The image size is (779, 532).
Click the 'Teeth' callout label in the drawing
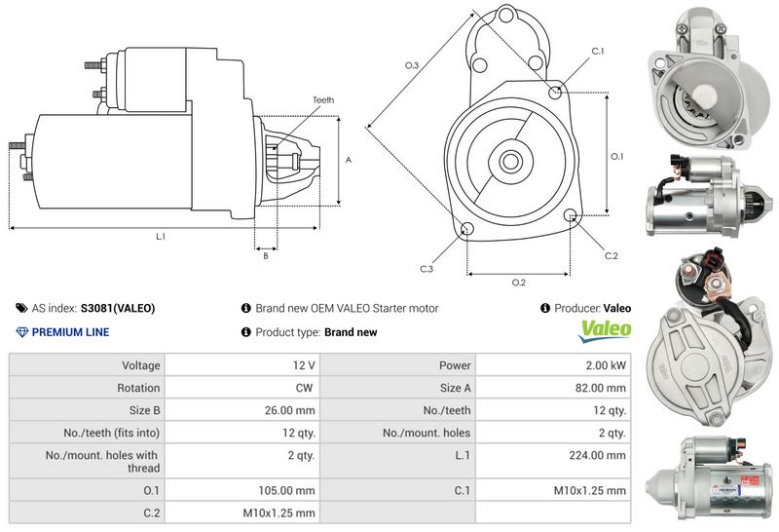coord(323,100)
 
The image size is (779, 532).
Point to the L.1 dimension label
coord(161,237)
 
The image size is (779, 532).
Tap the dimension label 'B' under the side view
coord(266,256)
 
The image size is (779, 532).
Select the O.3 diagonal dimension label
coord(412,65)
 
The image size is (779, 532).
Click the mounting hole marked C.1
coord(555,92)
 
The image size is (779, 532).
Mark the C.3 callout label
coord(427,268)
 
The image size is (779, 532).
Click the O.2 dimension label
coord(519,283)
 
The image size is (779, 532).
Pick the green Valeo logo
coord(605,331)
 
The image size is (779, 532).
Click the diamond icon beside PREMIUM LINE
coord(22,332)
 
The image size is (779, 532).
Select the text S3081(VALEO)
coord(117,308)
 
